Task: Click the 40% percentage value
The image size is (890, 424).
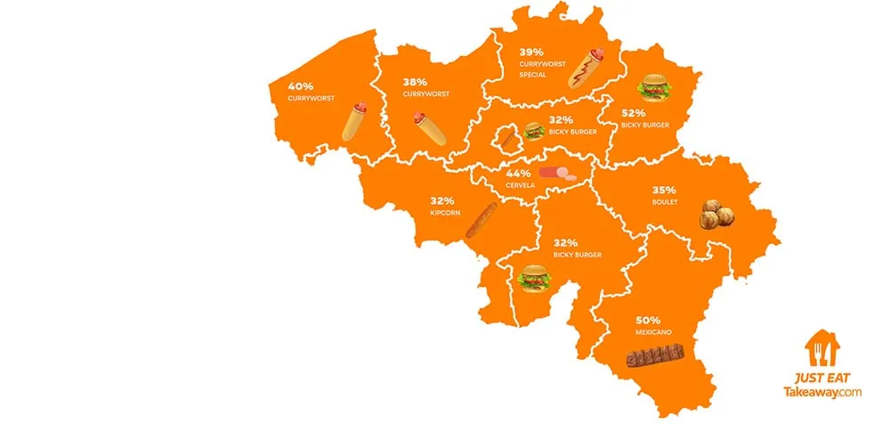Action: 301,86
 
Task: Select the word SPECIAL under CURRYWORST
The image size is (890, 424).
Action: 534,75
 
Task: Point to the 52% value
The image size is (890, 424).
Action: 635,113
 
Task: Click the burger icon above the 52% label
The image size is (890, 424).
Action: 654,87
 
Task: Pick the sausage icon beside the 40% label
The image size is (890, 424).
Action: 355,122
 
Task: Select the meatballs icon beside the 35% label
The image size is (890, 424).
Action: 718,215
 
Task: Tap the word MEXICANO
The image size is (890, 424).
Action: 652,332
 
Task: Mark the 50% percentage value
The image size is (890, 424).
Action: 648,319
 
